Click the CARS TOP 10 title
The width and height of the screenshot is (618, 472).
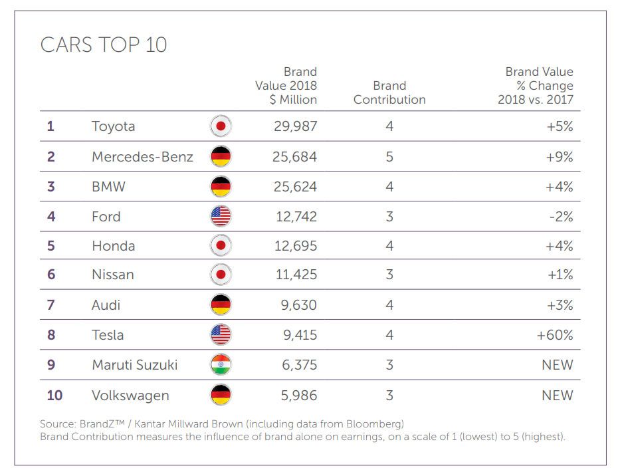pyautogui.click(x=104, y=45)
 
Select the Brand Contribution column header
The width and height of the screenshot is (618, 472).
pyautogui.click(x=389, y=92)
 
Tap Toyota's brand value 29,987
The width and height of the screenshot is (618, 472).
pyautogui.click(x=295, y=126)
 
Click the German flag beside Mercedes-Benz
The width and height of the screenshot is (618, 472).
pyautogui.click(x=221, y=156)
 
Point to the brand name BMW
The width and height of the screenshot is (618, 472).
pyautogui.click(x=108, y=187)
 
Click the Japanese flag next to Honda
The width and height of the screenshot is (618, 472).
pyautogui.click(x=221, y=246)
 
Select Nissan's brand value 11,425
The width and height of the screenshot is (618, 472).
pyautogui.click(x=295, y=275)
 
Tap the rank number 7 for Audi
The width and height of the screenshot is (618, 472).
pyautogui.click(x=51, y=305)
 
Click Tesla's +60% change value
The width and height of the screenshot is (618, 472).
pyautogui.click(x=555, y=335)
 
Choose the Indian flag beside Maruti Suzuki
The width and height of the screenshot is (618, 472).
pyautogui.click(x=221, y=365)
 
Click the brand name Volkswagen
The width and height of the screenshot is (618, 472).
pyautogui.click(x=130, y=396)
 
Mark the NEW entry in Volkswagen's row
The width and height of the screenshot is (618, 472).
pyautogui.click(x=557, y=396)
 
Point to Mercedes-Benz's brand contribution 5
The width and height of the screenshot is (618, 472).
pyautogui.click(x=389, y=157)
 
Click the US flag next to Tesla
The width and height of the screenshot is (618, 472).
pyautogui.click(x=221, y=335)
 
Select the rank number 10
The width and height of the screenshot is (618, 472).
pyautogui.click(x=54, y=396)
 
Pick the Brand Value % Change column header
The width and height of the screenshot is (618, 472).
pyautogui.click(x=536, y=86)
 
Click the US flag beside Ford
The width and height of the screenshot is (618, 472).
pyautogui.click(x=221, y=216)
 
